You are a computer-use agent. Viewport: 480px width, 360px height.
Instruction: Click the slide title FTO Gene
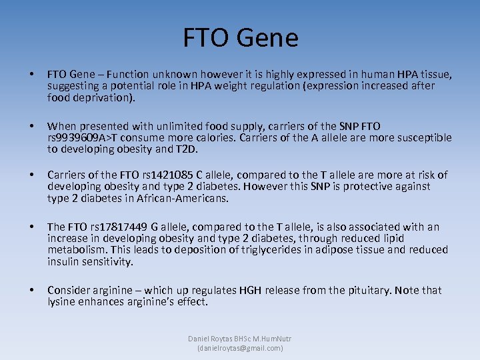240,39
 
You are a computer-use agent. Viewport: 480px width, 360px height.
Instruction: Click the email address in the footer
240,348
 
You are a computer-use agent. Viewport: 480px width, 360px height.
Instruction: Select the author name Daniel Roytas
212,339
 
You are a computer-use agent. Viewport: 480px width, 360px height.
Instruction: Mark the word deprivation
103,97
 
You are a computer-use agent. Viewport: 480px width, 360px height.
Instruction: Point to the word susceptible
417,138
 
